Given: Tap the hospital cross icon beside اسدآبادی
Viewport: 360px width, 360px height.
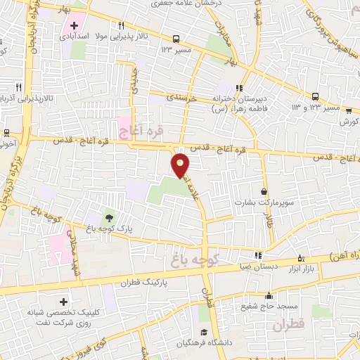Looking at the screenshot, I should point(74,25).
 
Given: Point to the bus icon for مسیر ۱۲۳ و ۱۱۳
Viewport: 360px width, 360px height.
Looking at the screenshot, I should point(315,96).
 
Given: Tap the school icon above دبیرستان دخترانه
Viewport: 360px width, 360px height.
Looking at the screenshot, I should point(238,88).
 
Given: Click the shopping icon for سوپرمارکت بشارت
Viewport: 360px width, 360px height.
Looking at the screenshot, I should point(264,191).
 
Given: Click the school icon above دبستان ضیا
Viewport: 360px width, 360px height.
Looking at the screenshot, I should point(258,255).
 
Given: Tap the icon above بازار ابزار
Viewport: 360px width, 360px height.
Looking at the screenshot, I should point(302,258).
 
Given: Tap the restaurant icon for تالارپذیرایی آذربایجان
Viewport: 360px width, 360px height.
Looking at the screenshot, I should point(18,88).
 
